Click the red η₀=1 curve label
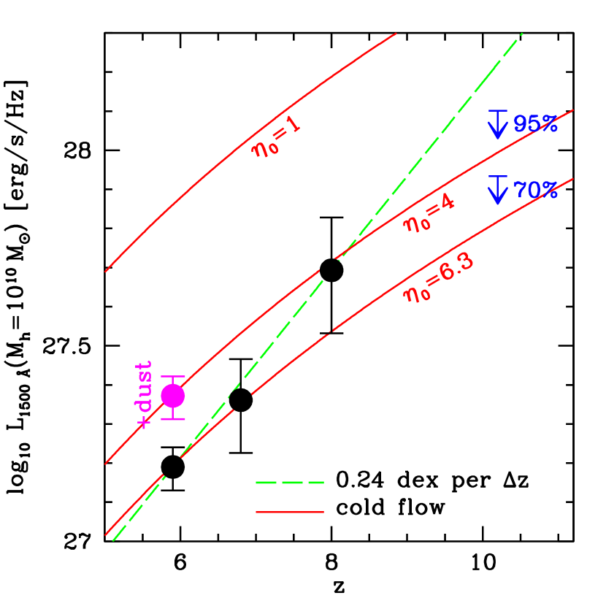tap(276, 137)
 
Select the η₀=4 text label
tap(429, 213)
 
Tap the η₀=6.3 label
tap(439, 278)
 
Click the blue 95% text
tap(535, 124)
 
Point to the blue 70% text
tap(535, 191)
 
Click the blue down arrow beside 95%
tap(498, 124)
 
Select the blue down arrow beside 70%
tap(498, 190)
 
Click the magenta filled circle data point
tap(172, 396)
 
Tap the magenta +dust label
tap(145, 394)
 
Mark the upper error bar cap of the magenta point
tap(172, 376)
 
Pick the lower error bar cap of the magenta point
tap(172, 419)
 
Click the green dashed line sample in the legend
tap(289, 483)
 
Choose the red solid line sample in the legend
tap(289, 513)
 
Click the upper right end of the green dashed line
tap(522, 34)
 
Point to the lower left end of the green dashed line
tap(114, 541)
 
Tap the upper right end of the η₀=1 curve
tap(396, 34)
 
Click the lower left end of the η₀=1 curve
tap(106, 272)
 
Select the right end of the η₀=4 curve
tap(572, 110)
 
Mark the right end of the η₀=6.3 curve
tap(572, 179)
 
